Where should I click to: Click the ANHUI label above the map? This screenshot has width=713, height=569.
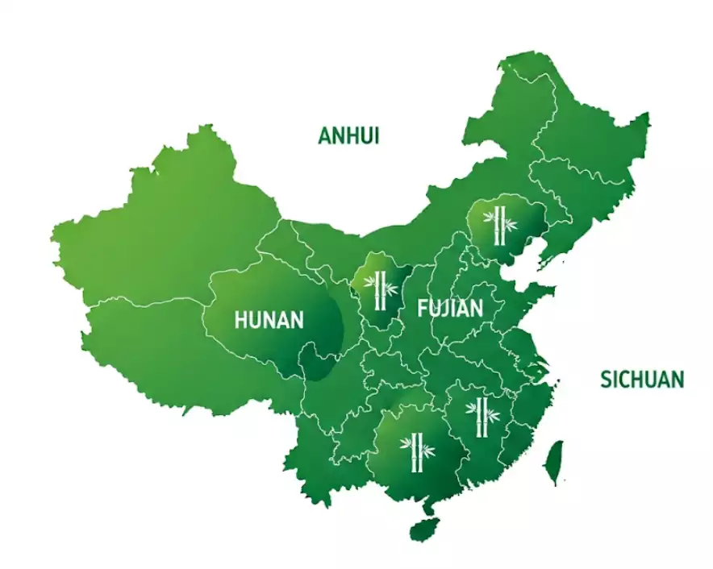348,135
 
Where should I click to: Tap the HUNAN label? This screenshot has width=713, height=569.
269,320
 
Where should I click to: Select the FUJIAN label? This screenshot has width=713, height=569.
449,308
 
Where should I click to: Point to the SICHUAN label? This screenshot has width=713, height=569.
642,380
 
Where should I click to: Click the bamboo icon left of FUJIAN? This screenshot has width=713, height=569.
378,288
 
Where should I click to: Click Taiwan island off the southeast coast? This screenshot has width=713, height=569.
552,462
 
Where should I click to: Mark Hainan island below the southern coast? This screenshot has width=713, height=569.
422,529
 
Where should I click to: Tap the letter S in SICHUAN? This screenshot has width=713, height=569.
606,380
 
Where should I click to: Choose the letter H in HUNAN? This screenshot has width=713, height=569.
240,320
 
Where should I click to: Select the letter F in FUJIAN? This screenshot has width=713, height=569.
422,308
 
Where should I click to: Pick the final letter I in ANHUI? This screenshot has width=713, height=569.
376,135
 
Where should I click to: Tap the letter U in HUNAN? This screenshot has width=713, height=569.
254,320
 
